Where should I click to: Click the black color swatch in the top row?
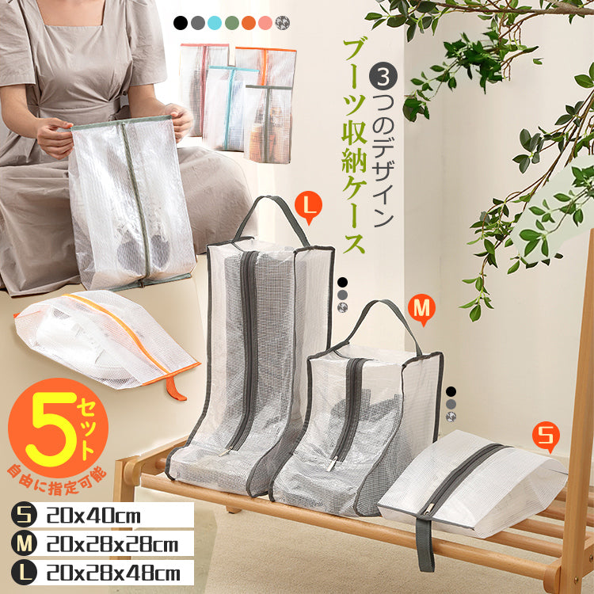click(181, 23)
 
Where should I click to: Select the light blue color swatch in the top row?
click(215, 23)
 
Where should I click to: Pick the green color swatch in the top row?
click(232, 23)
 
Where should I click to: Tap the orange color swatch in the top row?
click(249, 23)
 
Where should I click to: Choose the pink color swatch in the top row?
click(265, 23)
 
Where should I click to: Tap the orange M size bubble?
click(421, 309)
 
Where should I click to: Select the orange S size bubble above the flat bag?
click(546, 437)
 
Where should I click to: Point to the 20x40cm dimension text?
click(93, 516)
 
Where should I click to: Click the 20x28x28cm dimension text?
click(112, 545)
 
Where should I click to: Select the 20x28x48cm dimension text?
click(113, 573)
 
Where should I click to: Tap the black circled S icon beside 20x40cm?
click(24, 516)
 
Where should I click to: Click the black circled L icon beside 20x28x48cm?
click(24, 573)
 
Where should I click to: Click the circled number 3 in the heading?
click(383, 77)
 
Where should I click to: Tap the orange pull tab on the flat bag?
click(175, 389)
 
